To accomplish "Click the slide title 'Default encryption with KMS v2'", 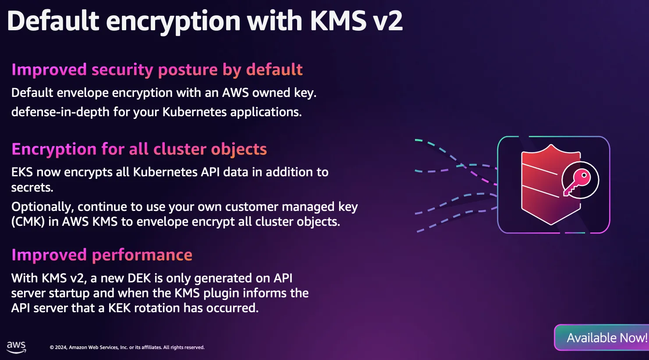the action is tap(205, 21).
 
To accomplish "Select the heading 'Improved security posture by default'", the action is tap(157, 70).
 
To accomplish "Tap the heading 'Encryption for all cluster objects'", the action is tap(139, 149).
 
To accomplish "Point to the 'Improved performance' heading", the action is tap(102, 255).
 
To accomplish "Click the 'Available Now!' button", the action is tap(602, 337).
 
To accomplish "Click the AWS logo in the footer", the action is tap(16, 347).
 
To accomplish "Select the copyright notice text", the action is tap(127, 347).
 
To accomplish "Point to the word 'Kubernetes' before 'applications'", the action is tap(195, 112).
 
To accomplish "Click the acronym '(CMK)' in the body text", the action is tap(28, 222).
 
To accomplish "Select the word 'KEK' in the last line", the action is tap(120, 308).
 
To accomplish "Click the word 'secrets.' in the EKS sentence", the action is tap(32, 188).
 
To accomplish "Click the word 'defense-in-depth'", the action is tap(60, 112).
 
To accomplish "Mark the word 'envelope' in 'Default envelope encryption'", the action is tap(82, 93).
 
